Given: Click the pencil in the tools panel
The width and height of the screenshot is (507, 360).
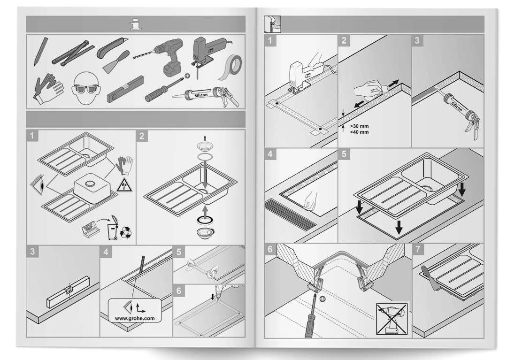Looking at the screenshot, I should point(39,55).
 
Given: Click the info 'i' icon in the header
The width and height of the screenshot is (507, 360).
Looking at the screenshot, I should point(136,23).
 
